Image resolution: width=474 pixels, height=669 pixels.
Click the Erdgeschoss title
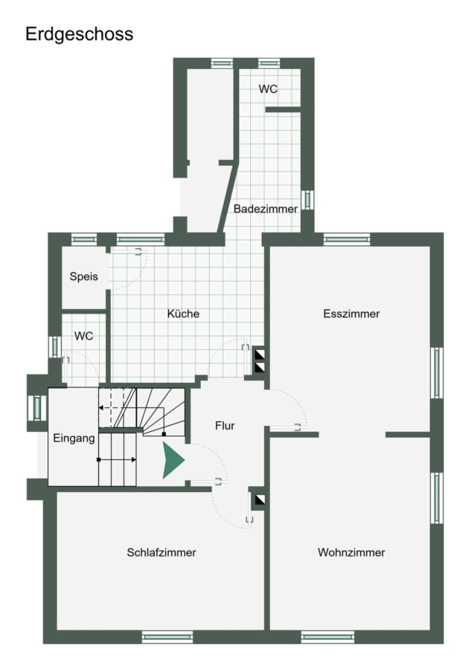tap(79, 34)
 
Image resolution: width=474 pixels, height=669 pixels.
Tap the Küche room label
tap(183, 314)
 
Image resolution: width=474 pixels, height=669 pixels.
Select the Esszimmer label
tap(351, 314)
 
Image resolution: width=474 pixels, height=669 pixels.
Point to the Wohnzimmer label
tap(351, 552)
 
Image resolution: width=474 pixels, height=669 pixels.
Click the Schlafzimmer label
tap(161, 552)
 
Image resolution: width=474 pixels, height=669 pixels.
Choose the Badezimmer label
tap(266, 209)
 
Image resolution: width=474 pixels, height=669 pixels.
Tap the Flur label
tap(225, 425)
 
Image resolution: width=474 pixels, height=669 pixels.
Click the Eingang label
tap(74, 438)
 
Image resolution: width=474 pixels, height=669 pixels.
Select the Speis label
tap(83, 277)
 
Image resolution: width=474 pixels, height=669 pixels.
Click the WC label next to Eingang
tap(83, 336)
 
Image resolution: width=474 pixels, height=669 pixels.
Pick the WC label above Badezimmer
tap(268, 88)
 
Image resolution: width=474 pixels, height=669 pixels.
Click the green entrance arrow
tap(173, 460)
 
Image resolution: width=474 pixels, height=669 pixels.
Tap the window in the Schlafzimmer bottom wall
tap(167, 637)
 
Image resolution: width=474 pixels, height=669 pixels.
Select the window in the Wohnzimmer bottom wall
tap(327, 637)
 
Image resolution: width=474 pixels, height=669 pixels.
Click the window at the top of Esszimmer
tap(347, 239)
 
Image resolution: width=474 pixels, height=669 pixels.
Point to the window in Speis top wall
tap(83, 239)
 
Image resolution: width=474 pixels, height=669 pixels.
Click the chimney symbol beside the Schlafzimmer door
tap(260, 500)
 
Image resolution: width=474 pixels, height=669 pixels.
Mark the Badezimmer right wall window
tap(307, 200)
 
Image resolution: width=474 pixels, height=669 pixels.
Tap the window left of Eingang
tap(37, 408)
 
